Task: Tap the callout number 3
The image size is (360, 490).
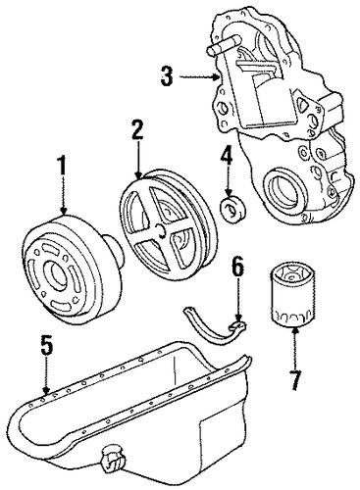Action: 167,76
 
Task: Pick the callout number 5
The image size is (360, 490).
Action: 46,345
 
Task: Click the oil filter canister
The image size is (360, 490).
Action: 292,293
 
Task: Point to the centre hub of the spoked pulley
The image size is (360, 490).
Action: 163,230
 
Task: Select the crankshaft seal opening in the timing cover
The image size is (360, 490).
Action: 283,190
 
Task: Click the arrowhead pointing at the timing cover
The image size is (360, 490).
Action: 216,77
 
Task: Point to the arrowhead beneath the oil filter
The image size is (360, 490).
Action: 295,330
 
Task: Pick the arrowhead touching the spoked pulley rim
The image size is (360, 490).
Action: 138,175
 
